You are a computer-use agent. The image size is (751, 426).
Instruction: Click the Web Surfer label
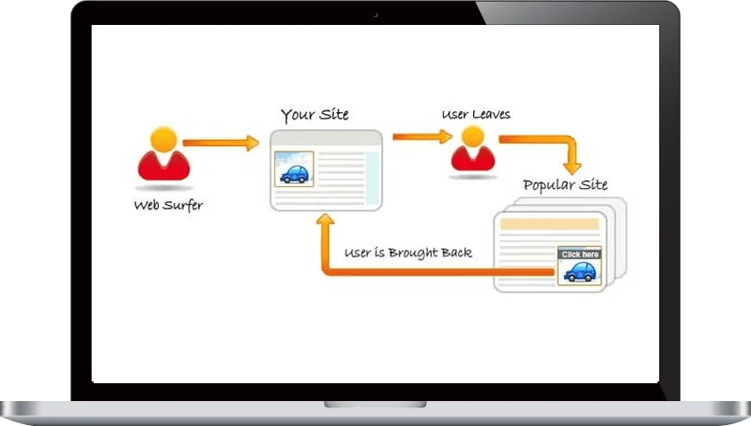(168, 205)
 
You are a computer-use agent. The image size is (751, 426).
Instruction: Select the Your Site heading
(314, 115)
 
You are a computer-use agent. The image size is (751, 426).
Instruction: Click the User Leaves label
(476, 115)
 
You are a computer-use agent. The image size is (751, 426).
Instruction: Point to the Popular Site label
(565, 184)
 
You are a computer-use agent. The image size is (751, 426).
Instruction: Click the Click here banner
(580, 254)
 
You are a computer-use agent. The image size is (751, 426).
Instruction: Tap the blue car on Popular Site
(580, 271)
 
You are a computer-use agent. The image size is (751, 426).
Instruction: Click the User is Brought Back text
(408, 252)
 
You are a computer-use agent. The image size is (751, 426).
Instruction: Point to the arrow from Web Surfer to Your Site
(219, 142)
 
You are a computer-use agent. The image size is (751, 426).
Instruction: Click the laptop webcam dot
(375, 13)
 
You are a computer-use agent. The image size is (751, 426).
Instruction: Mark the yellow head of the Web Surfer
(163, 138)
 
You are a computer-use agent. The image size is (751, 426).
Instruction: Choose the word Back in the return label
(455, 252)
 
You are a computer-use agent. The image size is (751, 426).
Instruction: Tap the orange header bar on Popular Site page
(550, 224)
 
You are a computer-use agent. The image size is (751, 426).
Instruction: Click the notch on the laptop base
(374, 405)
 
